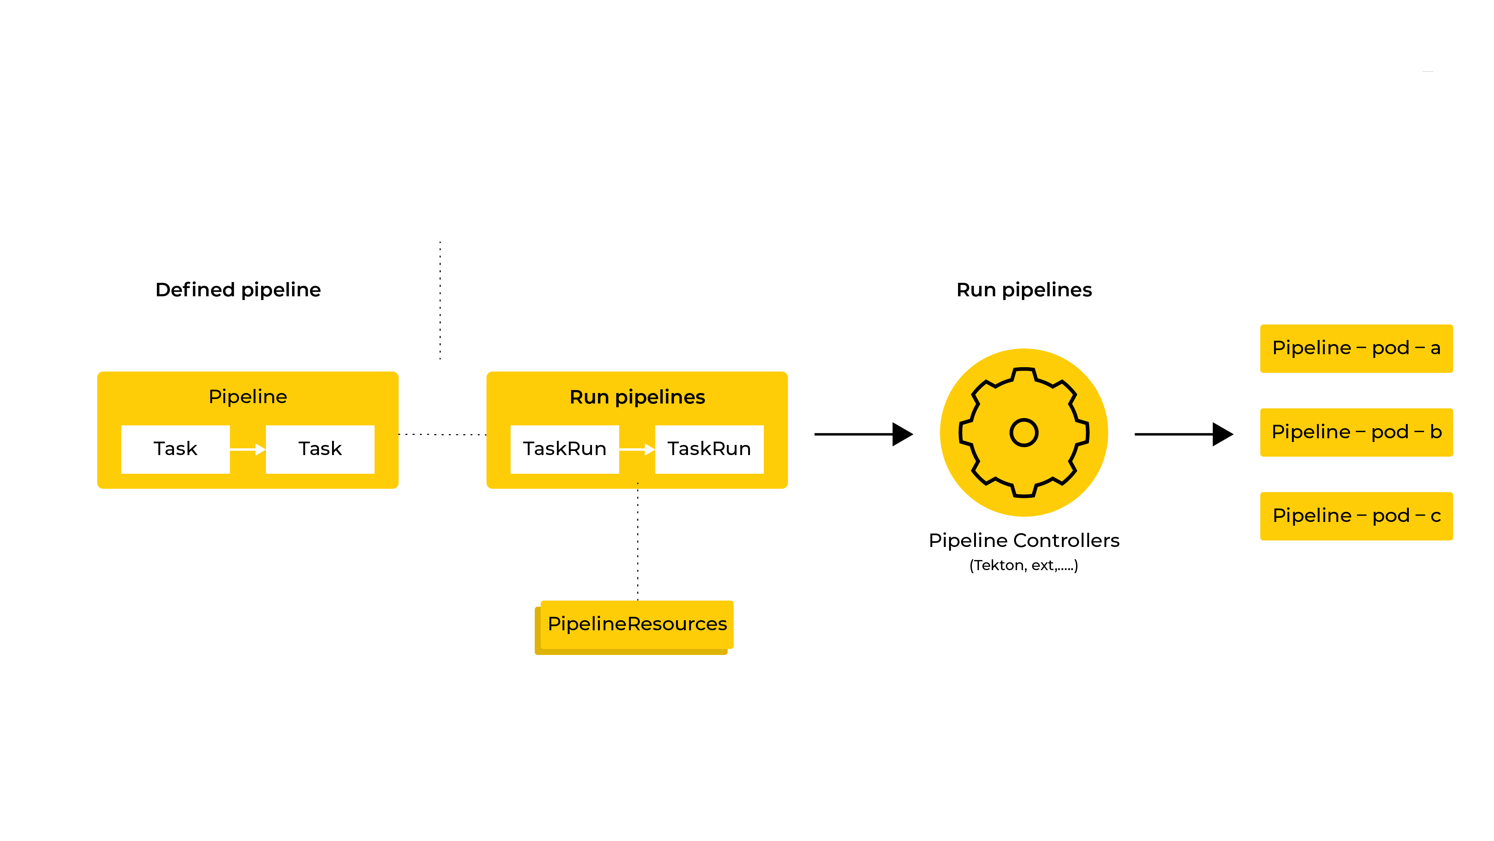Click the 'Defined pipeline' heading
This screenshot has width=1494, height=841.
point(238,290)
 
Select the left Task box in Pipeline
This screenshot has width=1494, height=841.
point(175,449)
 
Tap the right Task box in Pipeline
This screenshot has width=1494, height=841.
point(320,449)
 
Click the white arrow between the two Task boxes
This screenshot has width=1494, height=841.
point(248,449)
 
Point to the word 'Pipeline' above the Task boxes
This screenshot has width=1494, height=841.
point(248,397)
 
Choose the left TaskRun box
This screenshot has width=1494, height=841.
point(564,449)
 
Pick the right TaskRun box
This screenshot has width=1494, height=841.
point(709,449)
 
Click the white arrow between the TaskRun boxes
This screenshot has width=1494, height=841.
point(637,449)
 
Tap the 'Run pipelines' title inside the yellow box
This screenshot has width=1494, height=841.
point(637,397)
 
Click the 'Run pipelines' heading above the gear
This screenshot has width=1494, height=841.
point(1024,290)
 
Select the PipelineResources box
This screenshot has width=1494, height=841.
point(637,624)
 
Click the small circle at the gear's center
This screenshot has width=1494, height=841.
point(1024,433)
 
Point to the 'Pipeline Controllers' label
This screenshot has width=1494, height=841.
point(1024,541)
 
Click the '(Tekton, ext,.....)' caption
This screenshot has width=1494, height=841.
point(1024,566)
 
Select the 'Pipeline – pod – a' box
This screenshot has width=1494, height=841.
point(1356,348)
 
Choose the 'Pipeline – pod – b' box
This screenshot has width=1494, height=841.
point(1356,432)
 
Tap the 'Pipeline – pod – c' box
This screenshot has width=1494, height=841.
point(1356,516)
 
